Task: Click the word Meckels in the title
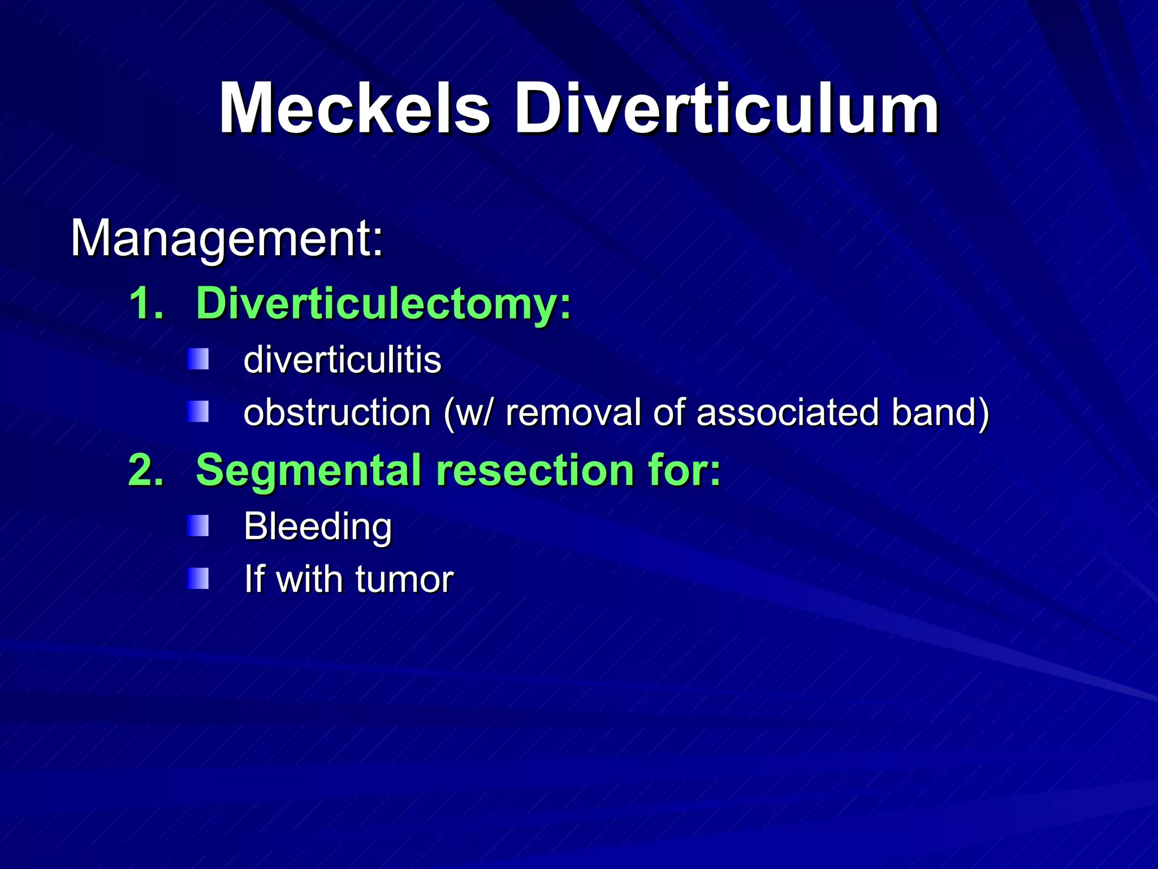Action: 355,108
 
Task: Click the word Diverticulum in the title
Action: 726,108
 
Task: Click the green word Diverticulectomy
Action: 383,304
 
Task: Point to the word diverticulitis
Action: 342,360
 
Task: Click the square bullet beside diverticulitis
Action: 198,359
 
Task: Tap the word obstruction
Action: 338,412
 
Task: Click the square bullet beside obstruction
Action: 198,412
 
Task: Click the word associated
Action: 787,412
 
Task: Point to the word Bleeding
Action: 318,527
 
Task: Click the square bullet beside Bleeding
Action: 198,526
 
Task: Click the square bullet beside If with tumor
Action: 198,579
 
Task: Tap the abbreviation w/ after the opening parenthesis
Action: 475,412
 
